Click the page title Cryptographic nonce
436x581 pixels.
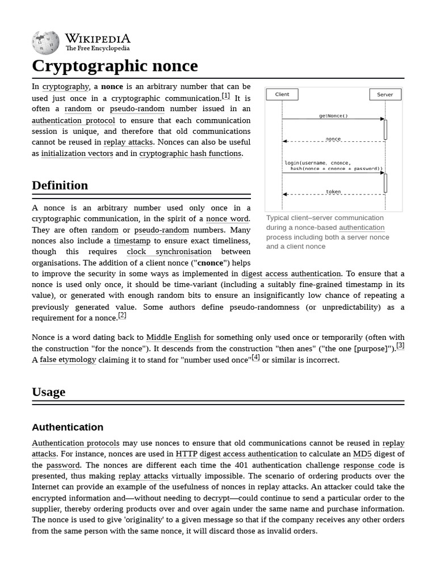pos(115,66)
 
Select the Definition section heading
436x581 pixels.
pos(60,186)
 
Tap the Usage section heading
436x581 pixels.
pos(48,392)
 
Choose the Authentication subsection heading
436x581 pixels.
pos(68,427)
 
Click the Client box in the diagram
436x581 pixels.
pos(282,95)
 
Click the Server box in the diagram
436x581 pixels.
pos(385,95)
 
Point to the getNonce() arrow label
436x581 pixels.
pos(333,116)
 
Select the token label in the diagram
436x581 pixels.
pos(333,192)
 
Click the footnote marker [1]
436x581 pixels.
pos(226,96)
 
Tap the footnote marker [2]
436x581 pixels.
pos(122,315)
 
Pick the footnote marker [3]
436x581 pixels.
pos(400,346)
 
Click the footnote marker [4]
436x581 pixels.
pos(256,357)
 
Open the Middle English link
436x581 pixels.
pos(174,338)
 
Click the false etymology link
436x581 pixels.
pos(68,360)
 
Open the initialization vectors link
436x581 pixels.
pos(77,153)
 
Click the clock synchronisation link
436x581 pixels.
pos(169,252)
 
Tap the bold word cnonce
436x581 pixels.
pos(210,263)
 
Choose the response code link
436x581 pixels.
pos(369,465)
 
